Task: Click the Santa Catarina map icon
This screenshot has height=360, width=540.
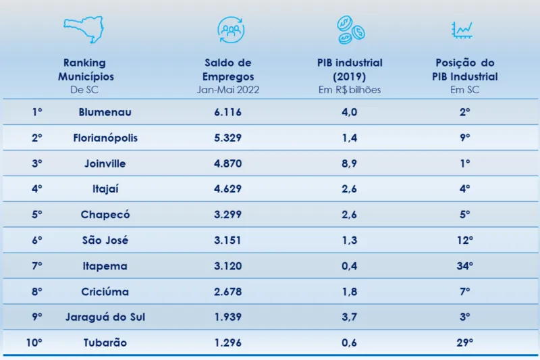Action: [x=84, y=29]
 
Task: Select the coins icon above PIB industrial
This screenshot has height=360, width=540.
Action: [x=350, y=28]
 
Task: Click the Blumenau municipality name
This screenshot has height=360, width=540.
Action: [x=105, y=112]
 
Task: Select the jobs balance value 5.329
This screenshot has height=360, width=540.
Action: [x=227, y=138]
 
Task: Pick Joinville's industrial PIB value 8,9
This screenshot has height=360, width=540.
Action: [x=350, y=163]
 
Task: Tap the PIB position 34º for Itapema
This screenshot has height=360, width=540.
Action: [x=465, y=266]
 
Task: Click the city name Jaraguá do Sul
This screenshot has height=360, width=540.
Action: [x=105, y=317]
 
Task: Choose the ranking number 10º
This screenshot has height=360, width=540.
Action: [x=34, y=343]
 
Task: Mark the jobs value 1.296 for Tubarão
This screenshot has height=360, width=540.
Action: [x=227, y=343]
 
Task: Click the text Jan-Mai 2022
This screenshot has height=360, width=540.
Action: [x=227, y=90]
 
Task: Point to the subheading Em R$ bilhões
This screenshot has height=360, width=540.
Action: [x=350, y=90]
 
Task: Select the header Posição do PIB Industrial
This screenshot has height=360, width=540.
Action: [x=465, y=70]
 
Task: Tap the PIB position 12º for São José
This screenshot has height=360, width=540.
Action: [x=465, y=240]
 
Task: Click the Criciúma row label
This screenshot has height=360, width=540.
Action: [x=105, y=292]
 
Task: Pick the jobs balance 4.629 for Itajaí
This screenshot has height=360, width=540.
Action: [x=227, y=189]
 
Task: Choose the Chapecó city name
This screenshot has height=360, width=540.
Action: [x=105, y=215]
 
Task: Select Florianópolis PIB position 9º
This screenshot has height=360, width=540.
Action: [x=465, y=138]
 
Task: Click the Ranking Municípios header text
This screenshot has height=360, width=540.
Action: [x=85, y=70]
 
